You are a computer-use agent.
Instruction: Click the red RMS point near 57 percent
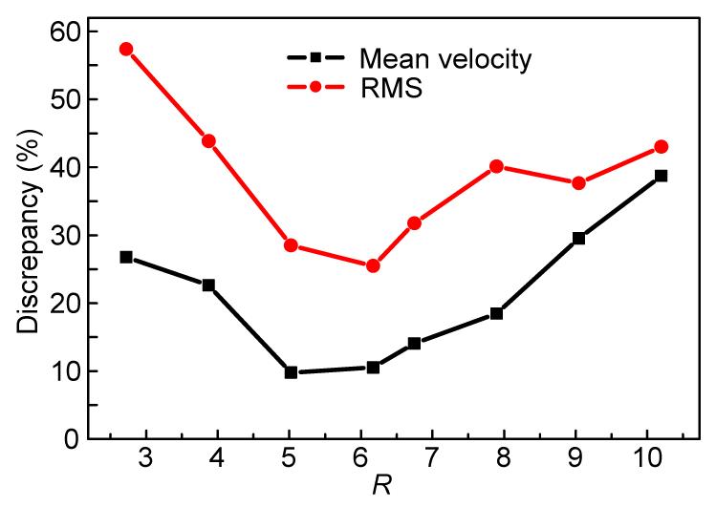[125, 49]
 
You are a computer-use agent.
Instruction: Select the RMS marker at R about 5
[291, 245]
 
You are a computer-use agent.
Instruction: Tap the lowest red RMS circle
[373, 265]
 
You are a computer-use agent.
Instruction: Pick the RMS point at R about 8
[496, 166]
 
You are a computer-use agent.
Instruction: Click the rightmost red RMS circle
[661, 147]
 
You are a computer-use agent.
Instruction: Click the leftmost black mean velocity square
[125, 257]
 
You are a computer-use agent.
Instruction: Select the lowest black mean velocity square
[291, 372]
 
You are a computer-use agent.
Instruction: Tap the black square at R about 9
[578, 238]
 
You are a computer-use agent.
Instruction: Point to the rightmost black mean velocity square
[661, 176]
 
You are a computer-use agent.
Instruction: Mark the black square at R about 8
[496, 313]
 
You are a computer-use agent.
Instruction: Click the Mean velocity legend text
[445, 59]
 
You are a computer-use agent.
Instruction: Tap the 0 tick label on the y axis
[71, 439]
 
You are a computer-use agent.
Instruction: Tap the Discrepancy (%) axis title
[29, 234]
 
